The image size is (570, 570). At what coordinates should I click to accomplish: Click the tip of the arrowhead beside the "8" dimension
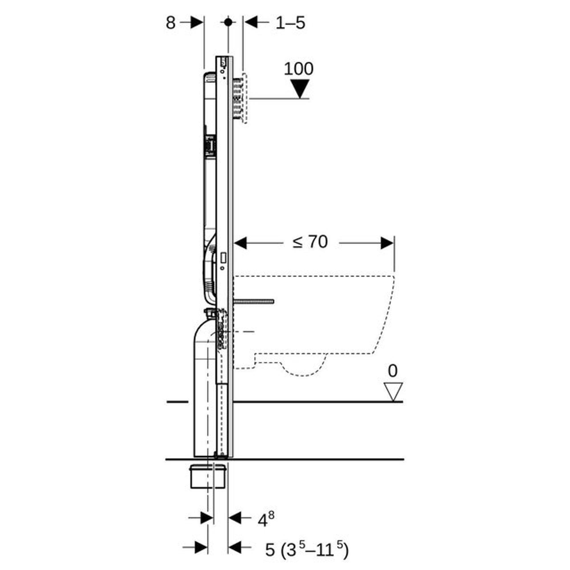(x=203, y=22)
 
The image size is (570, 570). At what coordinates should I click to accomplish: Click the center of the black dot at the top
(x=228, y=22)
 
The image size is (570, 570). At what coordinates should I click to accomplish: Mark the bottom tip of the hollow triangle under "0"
(x=393, y=401)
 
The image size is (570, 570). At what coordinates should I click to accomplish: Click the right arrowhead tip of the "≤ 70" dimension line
(x=394, y=243)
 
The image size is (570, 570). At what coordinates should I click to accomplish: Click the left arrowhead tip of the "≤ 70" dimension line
(x=234, y=243)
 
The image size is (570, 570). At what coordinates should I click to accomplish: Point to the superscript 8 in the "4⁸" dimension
(x=271, y=515)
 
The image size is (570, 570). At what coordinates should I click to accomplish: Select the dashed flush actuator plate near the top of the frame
(x=244, y=98)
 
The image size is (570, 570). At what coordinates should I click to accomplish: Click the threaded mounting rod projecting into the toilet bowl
(x=254, y=301)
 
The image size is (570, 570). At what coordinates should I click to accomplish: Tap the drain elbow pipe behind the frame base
(x=205, y=384)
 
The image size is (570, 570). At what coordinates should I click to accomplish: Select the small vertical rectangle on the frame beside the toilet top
(x=223, y=258)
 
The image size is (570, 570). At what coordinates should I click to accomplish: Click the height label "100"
(x=299, y=68)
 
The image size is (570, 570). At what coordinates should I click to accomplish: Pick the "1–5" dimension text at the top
(x=290, y=23)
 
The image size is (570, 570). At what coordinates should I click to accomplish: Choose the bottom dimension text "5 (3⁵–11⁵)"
(x=307, y=549)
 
